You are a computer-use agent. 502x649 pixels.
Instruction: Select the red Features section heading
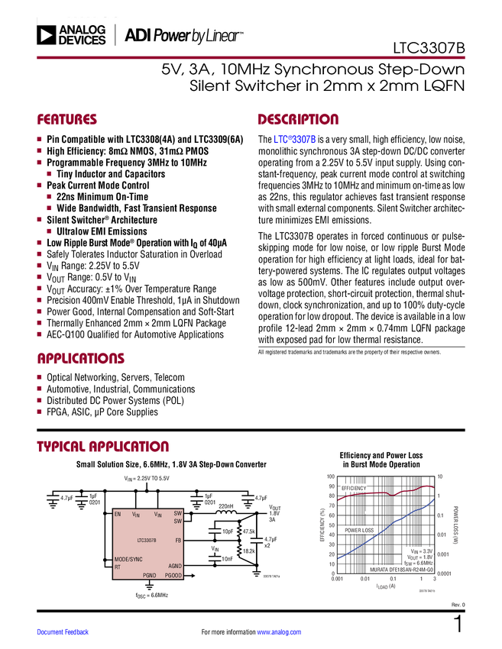[x=67, y=120]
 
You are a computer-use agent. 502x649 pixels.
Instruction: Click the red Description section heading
[x=298, y=120]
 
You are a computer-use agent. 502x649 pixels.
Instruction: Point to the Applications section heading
[x=81, y=358]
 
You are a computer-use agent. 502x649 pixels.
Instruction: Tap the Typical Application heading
[x=103, y=447]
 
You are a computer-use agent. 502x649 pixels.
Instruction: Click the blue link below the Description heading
[x=295, y=140]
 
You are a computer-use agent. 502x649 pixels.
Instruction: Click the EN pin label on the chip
[x=118, y=515]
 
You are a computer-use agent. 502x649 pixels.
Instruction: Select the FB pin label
[x=178, y=540]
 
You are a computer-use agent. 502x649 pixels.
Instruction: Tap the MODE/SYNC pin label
[x=128, y=560]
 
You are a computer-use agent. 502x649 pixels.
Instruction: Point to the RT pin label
[x=118, y=567]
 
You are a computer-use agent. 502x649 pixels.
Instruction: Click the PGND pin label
[x=149, y=575]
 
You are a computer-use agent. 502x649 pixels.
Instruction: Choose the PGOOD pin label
[x=173, y=575]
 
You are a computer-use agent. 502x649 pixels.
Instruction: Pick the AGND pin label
[x=174, y=566]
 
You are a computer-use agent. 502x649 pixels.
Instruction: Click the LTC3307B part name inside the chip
[x=147, y=540]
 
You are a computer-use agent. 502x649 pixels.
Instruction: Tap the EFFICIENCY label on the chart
[x=354, y=488]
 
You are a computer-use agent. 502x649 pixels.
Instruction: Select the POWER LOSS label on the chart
[x=358, y=530]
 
